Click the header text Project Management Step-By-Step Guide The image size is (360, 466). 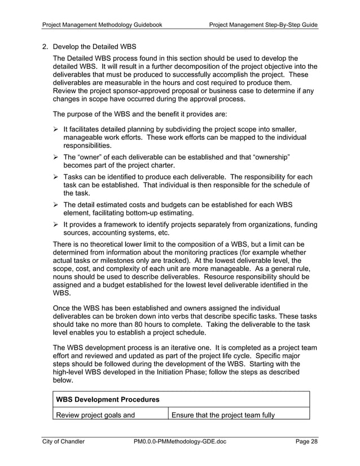[x=263, y=25]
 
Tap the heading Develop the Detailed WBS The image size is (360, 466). [x=94, y=46]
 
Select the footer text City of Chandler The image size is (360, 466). [x=64, y=442]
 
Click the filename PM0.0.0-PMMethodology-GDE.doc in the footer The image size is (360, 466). [x=180, y=442]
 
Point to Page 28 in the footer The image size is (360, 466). [x=306, y=442]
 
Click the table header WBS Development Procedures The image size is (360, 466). [x=107, y=400]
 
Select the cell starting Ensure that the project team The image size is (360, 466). [x=223, y=416]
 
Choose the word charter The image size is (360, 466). [x=160, y=165]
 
